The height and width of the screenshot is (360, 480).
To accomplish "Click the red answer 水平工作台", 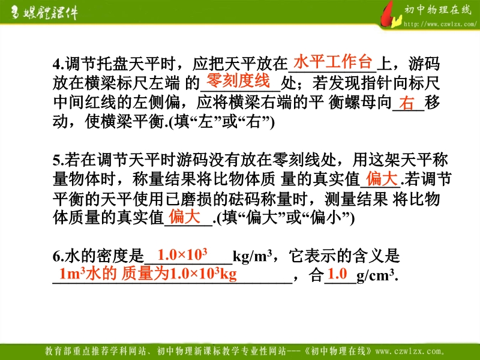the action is tap(333, 62).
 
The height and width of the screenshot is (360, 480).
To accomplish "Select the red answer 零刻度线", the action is tap(238, 80).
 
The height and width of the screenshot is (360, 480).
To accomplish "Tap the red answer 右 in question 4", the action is tap(407, 103).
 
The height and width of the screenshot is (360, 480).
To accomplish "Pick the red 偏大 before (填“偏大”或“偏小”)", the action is tap(185, 217).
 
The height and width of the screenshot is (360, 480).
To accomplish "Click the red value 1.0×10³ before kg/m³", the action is tap(182, 254).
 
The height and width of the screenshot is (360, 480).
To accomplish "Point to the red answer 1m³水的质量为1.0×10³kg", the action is tap(148, 274).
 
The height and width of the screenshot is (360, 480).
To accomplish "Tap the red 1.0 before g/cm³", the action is tap(337, 274).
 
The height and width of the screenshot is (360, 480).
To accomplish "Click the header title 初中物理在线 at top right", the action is tap(438, 10).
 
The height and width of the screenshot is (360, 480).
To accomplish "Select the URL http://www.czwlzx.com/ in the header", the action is tap(440, 24).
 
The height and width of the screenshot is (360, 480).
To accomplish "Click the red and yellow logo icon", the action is tap(391, 14).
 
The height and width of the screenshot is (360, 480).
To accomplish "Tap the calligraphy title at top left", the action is tap(44, 13).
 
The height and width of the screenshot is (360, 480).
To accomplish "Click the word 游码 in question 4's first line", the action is tap(424, 64).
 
